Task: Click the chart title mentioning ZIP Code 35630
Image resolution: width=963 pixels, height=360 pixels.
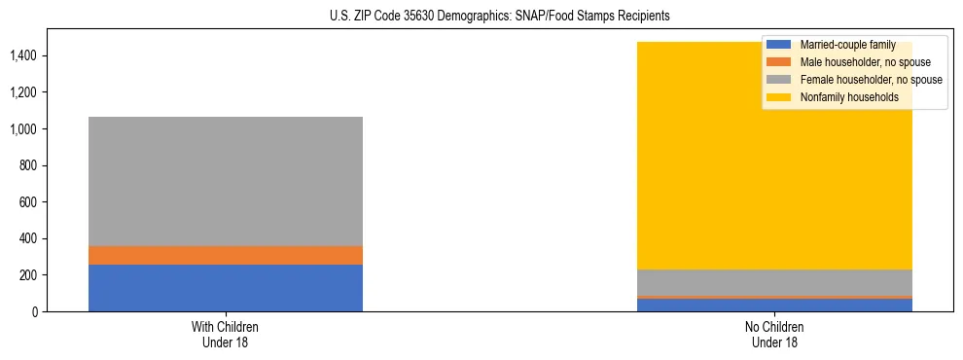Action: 481,17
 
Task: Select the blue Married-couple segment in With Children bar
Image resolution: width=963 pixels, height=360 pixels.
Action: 225,288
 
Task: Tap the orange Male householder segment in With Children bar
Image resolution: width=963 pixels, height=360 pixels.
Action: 225,255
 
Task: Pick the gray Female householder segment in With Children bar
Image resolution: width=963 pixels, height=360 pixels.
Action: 225,181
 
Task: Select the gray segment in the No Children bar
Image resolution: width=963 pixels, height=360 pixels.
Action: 774,282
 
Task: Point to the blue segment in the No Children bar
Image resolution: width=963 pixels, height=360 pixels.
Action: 774,305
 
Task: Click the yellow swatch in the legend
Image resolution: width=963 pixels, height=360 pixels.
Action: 779,97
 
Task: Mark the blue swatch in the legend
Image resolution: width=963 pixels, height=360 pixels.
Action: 779,45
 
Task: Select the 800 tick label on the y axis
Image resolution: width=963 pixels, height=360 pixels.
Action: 28,165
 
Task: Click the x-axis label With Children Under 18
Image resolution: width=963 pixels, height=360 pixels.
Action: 225,335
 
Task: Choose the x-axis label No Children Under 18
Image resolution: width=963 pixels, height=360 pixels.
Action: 774,335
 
